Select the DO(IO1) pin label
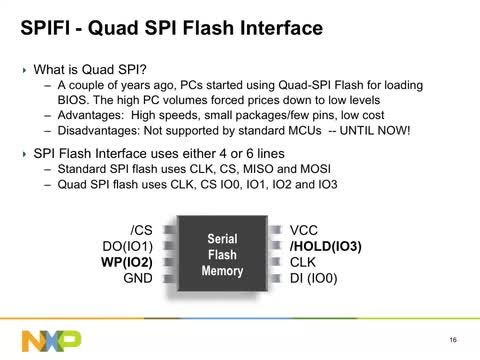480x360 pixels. (127, 246)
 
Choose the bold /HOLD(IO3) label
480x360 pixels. (325, 246)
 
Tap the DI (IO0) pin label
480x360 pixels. (316, 278)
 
